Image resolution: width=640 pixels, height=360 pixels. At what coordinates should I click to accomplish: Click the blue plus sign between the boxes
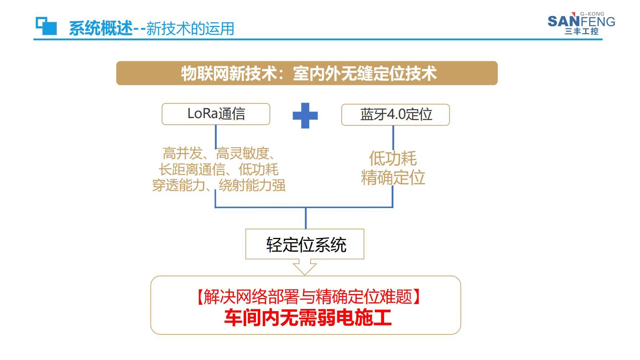[305, 116]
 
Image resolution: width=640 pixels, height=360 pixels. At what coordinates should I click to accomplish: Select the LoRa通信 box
[216, 114]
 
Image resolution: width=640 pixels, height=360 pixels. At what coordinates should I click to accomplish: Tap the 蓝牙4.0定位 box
[396, 115]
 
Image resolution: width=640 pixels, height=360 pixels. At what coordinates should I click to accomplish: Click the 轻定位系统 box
[305, 244]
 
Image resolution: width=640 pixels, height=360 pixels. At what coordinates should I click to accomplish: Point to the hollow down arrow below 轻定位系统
[305, 267]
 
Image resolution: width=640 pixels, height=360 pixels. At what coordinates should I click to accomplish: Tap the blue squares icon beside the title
[46, 26]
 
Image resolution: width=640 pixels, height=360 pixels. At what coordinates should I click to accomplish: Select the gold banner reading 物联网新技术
[307, 73]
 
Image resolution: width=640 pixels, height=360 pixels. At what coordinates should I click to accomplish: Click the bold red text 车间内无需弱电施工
[308, 318]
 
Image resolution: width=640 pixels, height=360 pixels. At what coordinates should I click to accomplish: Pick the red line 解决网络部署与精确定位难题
[308, 297]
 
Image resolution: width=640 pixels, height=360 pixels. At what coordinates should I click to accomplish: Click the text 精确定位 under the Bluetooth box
[393, 178]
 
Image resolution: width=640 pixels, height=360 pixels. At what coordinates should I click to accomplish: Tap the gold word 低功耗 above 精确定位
[393, 158]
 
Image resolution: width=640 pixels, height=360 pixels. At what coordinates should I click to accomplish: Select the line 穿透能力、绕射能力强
[219, 185]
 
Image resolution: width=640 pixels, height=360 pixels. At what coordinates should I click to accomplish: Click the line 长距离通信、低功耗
[219, 169]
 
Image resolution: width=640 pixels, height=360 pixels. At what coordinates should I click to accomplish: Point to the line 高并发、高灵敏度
[219, 153]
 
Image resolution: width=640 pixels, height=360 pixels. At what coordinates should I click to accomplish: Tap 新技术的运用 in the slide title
[190, 28]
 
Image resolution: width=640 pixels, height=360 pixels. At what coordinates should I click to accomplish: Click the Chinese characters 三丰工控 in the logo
[582, 31]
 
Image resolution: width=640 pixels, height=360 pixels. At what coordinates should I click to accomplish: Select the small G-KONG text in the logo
[592, 14]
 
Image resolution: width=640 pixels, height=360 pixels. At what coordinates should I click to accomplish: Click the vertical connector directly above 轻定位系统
[306, 218]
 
